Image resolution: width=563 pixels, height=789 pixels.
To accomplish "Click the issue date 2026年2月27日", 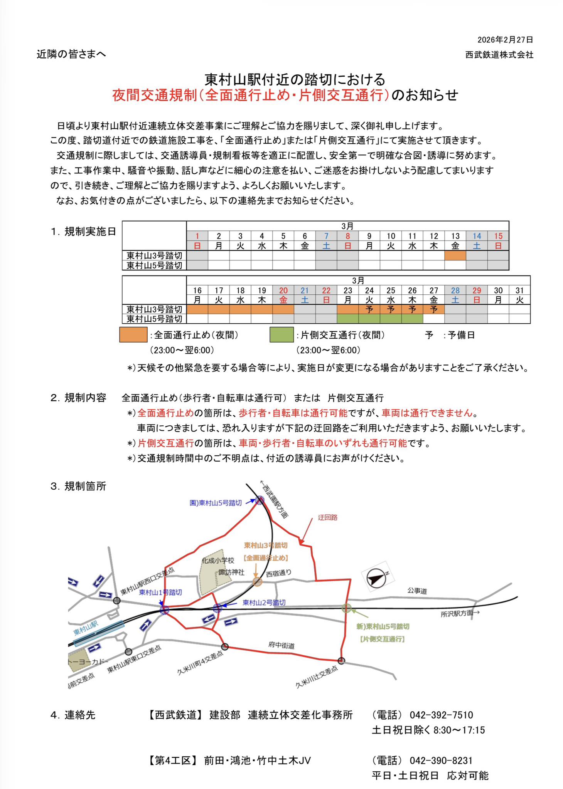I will coord(505,40).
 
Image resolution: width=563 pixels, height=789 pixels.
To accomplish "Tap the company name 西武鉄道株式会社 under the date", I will coord(499,55).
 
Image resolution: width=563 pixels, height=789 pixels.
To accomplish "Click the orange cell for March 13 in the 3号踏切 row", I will coord(455,255).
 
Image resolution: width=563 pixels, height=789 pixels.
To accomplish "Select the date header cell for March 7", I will coord(326,240).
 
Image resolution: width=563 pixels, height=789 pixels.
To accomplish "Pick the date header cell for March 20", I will coord(283,295).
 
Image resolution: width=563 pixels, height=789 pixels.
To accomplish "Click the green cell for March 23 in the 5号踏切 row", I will coord(347,319).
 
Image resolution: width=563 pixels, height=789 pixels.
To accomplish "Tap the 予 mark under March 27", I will coord(434,309).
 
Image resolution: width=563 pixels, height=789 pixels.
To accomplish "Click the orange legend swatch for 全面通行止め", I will coord(133,335).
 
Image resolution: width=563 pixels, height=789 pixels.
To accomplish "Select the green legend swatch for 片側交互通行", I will coord(281,335).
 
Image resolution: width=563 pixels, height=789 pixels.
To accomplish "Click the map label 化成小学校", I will coord(218,561).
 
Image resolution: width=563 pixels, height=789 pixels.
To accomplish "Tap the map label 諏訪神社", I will coord(231,572).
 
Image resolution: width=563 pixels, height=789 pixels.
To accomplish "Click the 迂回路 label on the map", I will coord(327,517).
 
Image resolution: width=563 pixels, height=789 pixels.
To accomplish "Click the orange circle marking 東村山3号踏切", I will coord(257,582).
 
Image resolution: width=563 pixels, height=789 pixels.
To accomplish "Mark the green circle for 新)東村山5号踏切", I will coord(347,608).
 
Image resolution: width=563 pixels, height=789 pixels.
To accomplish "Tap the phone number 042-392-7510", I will coord(441,715).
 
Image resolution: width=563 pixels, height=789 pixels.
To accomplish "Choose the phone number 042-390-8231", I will coord(441,760).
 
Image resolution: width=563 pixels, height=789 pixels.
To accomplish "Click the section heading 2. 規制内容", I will coord(78,398).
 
